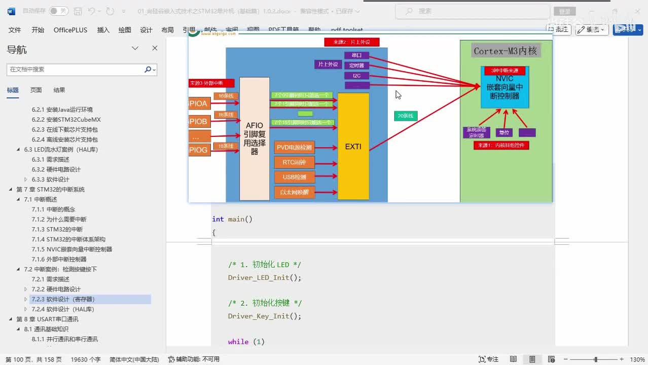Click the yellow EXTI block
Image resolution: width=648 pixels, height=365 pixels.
click(353, 147)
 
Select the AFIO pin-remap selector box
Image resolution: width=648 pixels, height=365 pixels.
click(254, 138)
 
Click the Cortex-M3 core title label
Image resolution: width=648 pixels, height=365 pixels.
click(505, 51)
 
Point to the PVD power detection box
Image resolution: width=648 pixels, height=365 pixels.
click(294, 148)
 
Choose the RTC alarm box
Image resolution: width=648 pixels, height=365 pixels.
click(294, 162)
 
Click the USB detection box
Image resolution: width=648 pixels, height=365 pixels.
click(294, 177)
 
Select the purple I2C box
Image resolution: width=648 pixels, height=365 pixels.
click(356, 76)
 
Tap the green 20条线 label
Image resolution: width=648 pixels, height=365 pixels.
click(406, 116)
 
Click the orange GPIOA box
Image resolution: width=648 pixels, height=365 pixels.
click(199, 104)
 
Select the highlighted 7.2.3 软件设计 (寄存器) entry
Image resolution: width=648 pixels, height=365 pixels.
click(70, 299)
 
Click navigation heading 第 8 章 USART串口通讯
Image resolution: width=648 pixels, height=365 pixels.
click(47, 319)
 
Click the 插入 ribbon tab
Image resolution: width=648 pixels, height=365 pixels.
click(103, 30)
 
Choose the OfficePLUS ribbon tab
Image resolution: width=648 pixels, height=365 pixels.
click(70, 30)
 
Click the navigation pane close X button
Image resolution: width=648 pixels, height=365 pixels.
click(155, 48)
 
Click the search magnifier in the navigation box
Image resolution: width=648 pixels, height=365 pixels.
click(148, 69)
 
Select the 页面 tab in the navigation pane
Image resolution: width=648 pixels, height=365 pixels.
click(36, 90)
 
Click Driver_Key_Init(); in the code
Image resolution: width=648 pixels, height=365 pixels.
click(264, 316)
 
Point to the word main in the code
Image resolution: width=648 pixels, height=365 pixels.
click(236, 219)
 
